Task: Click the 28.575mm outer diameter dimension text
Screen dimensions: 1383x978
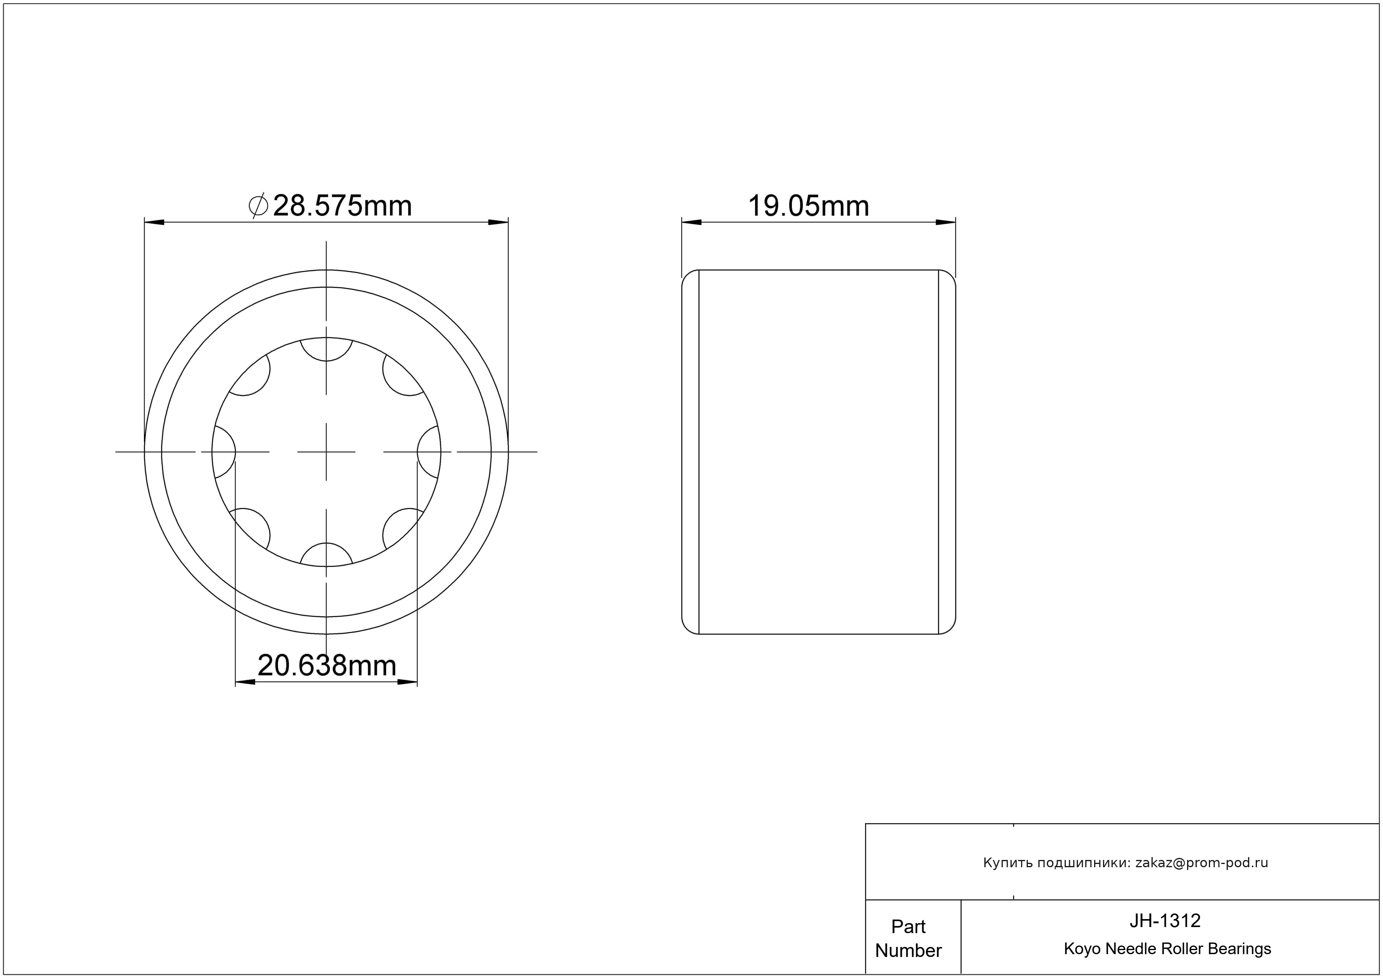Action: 342,206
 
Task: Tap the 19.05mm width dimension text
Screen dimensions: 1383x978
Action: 808,206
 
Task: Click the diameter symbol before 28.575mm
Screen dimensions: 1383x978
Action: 258,206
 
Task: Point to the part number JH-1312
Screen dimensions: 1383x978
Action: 1165,920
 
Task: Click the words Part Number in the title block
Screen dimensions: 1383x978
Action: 908,938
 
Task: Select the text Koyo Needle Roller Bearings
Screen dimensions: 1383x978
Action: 1167,948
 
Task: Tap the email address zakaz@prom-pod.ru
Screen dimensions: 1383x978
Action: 1202,863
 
